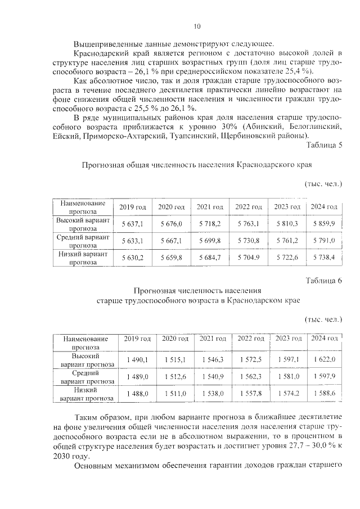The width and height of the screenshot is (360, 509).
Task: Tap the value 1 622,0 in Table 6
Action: [324, 359]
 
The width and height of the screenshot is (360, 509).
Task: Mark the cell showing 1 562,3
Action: [250, 377]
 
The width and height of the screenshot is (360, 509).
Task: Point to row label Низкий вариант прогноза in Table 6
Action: [85, 394]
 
